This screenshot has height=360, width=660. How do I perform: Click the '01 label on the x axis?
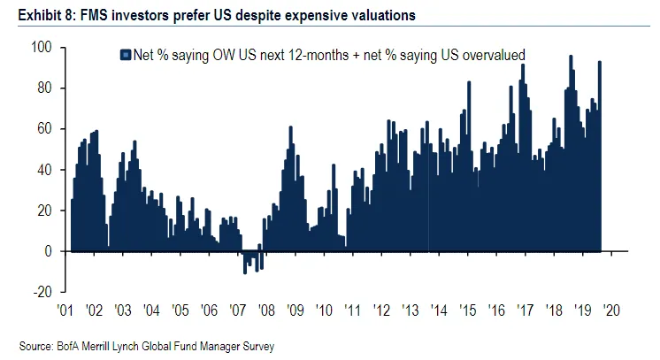coord(64,310)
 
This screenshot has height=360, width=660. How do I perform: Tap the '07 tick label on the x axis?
coord(237,310)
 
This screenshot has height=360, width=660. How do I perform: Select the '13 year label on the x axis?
coord(410,310)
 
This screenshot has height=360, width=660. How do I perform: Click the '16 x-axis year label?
coord(497,310)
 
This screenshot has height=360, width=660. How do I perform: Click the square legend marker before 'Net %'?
coord(125,55)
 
